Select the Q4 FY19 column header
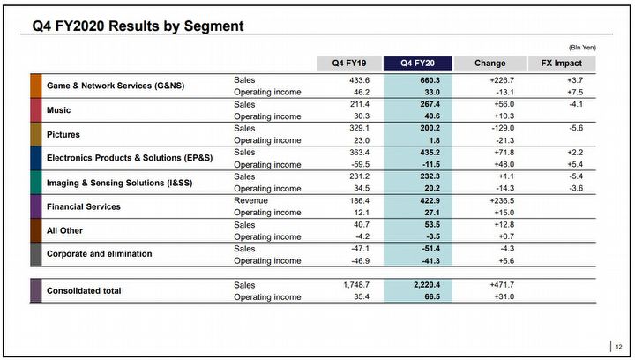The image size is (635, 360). pos(350,63)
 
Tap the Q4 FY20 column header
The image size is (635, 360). pos(419,63)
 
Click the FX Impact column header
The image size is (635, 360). pos(561,63)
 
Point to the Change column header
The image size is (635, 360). pos(489,63)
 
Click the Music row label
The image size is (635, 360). pos(58,110)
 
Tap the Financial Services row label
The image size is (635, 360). pos(84,206)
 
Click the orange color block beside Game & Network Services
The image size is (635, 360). pos(36,86)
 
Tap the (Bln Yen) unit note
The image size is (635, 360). pos(579,46)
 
